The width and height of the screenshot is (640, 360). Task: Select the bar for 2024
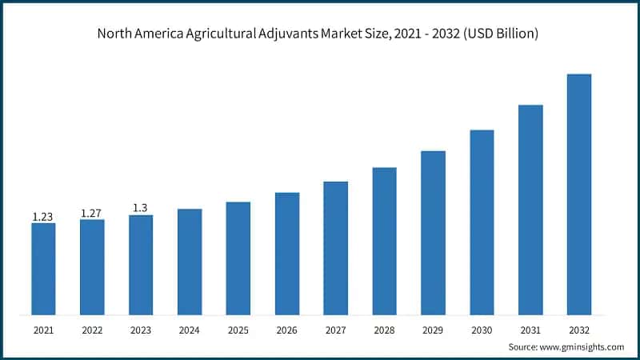[x=190, y=262]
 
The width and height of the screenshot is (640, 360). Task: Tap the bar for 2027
[x=335, y=248]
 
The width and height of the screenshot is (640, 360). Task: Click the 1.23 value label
[x=43, y=216]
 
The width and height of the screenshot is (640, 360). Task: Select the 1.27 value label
[x=92, y=213]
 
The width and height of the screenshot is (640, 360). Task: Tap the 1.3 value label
[x=141, y=208]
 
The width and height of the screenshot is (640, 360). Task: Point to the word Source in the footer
[x=522, y=346]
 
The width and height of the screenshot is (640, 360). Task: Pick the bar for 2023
[x=141, y=265]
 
